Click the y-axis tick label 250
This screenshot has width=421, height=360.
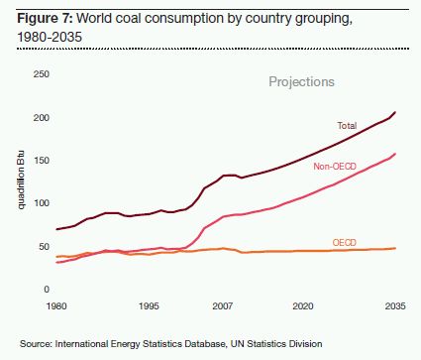[x=42, y=73]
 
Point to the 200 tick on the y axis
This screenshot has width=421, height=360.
[x=42, y=117]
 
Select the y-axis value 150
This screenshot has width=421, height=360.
[x=42, y=161]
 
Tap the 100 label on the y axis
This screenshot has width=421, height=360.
[x=42, y=203]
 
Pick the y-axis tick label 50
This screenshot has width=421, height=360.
[x=44, y=246]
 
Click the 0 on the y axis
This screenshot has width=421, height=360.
[x=47, y=290]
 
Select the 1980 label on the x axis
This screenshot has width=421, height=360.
[x=56, y=305]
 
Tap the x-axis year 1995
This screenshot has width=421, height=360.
[x=149, y=305]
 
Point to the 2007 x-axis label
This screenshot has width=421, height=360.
[x=222, y=305]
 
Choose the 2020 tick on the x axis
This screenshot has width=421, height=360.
[x=303, y=305]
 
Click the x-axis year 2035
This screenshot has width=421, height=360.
[x=395, y=305]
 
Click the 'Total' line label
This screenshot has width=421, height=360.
[x=347, y=126]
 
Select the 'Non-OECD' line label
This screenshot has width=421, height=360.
[x=335, y=167]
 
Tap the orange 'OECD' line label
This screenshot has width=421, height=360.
[x=345, y=243]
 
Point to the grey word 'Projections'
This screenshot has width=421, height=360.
[x=301, y=82]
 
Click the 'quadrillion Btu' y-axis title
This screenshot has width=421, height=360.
[x=21, y=180]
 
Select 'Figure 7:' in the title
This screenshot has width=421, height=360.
[x=45, y=18]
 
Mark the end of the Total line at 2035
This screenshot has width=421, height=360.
[x=395, y=112]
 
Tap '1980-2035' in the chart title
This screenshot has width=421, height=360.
[x=50, y=37]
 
